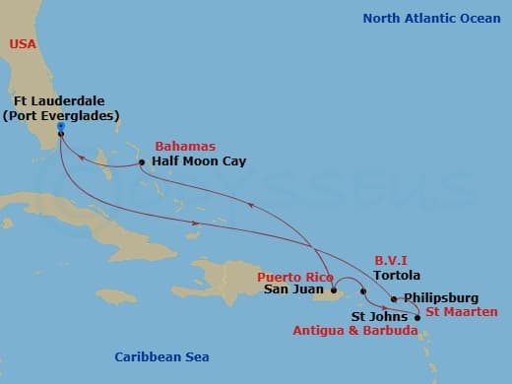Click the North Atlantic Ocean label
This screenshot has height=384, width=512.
[430, 19]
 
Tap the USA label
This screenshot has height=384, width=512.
[23, 44]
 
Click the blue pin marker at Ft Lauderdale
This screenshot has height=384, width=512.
[60, 127]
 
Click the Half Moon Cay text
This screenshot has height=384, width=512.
[192, 161]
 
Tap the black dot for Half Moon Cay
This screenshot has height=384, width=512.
[142, 162]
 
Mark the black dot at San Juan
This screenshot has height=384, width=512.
[336, 291]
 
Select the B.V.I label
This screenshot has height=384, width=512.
[391, 262]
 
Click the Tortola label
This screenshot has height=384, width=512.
[392, 278]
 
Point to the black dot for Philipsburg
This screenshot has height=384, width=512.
[394, 298]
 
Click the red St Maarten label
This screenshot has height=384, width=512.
[462, 313]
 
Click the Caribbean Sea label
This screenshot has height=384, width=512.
[161, 357]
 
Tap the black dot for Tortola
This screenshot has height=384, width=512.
[363, 291]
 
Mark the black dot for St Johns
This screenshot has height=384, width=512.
[417, 317]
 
